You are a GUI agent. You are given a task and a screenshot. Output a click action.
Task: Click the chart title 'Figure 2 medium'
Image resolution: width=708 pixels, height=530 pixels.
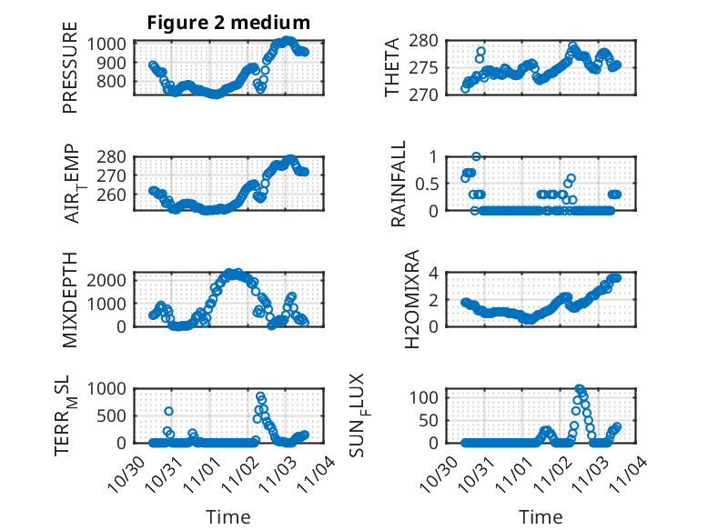click(x=228, y=22)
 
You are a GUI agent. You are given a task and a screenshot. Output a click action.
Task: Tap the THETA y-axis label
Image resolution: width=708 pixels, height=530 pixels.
click(x=392, y=67)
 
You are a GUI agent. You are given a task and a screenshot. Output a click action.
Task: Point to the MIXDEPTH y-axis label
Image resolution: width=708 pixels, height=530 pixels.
click(x=70, y=298)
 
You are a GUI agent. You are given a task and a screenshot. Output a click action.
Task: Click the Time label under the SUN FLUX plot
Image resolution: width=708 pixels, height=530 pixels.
click(x=541, y=516)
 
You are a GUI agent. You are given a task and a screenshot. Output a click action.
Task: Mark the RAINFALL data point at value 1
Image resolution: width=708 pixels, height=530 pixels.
click(x=476, y=156)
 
